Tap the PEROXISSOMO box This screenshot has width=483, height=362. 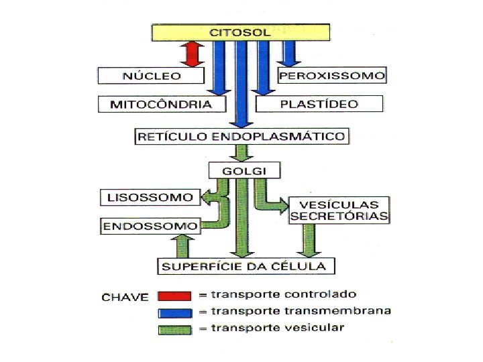pos(332,75)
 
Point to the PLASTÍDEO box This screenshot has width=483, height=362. pos(319,104)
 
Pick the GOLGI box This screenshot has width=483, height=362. pos(243,170)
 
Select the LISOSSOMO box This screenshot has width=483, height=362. pos(149,198)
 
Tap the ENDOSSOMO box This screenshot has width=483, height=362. pos(151,226)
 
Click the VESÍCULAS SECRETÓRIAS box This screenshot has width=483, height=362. pos(339,210)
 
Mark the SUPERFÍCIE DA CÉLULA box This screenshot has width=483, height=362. pos(246,266)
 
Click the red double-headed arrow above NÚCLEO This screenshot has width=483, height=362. pos(193,54)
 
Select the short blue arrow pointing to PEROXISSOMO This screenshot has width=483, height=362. pos(289,52)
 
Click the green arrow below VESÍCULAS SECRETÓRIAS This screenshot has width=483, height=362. pos(309,240)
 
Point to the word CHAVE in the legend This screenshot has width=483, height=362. pos(125,297)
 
